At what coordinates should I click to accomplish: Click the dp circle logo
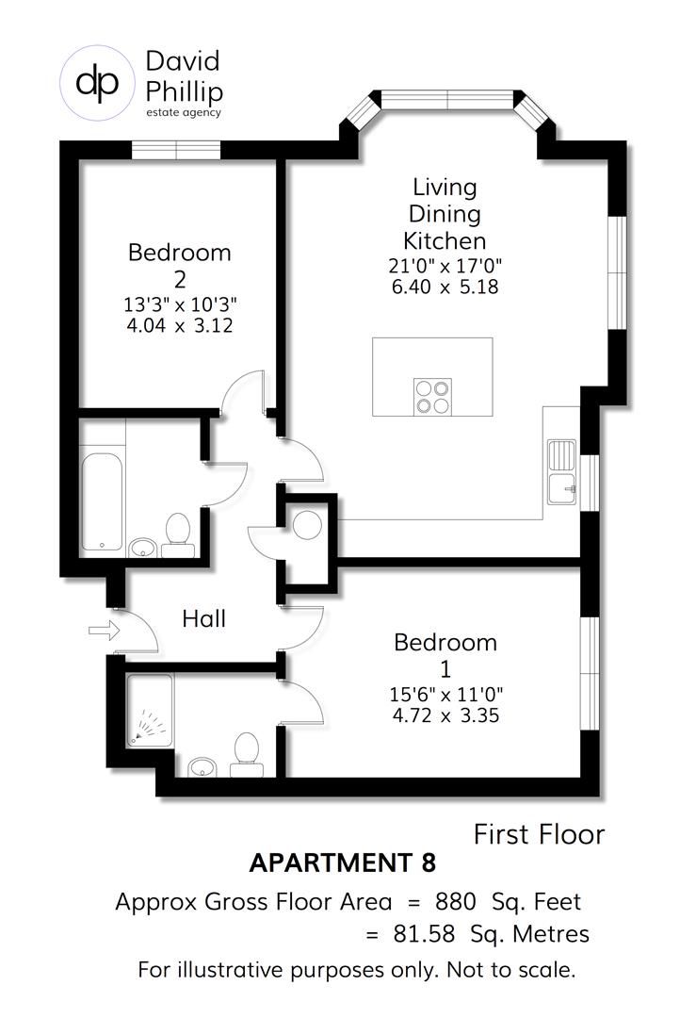tap(98, 83)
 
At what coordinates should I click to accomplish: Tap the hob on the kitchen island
tap(432, 395)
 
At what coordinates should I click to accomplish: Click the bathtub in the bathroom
tap(101, 502)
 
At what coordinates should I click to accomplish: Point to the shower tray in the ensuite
tap(150, 710)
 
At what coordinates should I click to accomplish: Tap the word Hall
tap(204, 619)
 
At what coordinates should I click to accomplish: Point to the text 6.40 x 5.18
tap(445, 287)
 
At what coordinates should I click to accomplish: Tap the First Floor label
tap(538, 834)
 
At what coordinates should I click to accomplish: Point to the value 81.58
tap(426, 934)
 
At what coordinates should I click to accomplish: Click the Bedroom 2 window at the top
tap(176, 150)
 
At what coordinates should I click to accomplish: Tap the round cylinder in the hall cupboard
tap(307, 525)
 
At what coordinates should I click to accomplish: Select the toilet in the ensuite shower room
tap(247, 753)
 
